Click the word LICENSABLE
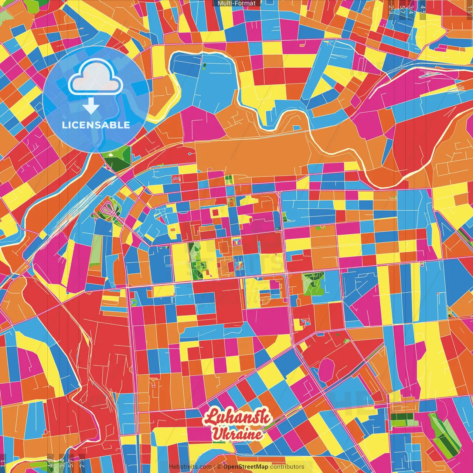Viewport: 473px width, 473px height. click(96, 125)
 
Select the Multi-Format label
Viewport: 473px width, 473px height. click(236, 3)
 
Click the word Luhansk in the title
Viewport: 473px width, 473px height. click(237, 418)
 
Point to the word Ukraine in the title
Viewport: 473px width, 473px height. click(237, 434)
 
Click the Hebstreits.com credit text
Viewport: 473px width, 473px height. click(190, 467)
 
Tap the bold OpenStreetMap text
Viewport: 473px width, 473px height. click(245, 467)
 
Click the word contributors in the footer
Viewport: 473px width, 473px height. click(287, 467)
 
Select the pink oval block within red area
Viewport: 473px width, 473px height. click(326, 370)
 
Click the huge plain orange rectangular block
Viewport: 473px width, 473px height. click(255, 157)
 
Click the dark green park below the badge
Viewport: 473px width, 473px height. click(117, 157)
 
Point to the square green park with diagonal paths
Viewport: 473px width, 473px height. click(313, 284)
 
